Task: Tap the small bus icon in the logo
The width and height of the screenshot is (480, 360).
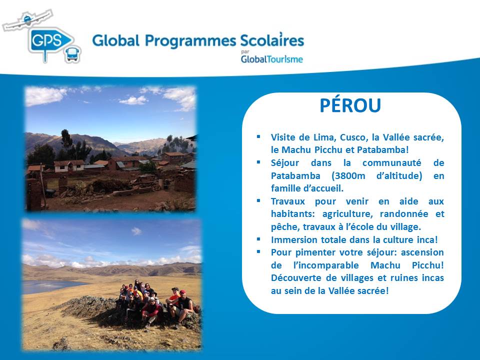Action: [73, 54]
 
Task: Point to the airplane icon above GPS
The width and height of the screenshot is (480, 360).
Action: [27, 20]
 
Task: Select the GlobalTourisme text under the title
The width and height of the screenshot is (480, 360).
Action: [272, 59]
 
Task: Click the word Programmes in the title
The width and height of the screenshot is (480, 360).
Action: [190, 41]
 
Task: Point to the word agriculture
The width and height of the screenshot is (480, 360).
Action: [347, 214]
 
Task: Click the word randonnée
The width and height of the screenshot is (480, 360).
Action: [404, 213]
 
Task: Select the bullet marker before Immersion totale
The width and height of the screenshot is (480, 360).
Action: [258, 239]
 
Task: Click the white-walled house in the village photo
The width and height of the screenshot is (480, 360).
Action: [69, 165]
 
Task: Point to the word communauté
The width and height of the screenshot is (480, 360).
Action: [392, 163]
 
